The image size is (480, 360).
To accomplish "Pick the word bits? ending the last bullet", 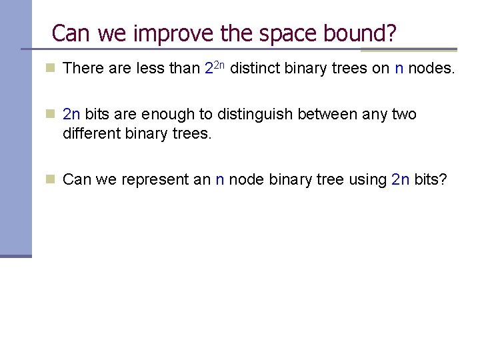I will point(431,180).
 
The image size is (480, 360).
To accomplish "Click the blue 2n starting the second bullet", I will point(71,115).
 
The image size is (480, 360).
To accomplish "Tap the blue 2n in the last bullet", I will point(401,180).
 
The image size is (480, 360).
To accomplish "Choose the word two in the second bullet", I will point(405,115).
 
